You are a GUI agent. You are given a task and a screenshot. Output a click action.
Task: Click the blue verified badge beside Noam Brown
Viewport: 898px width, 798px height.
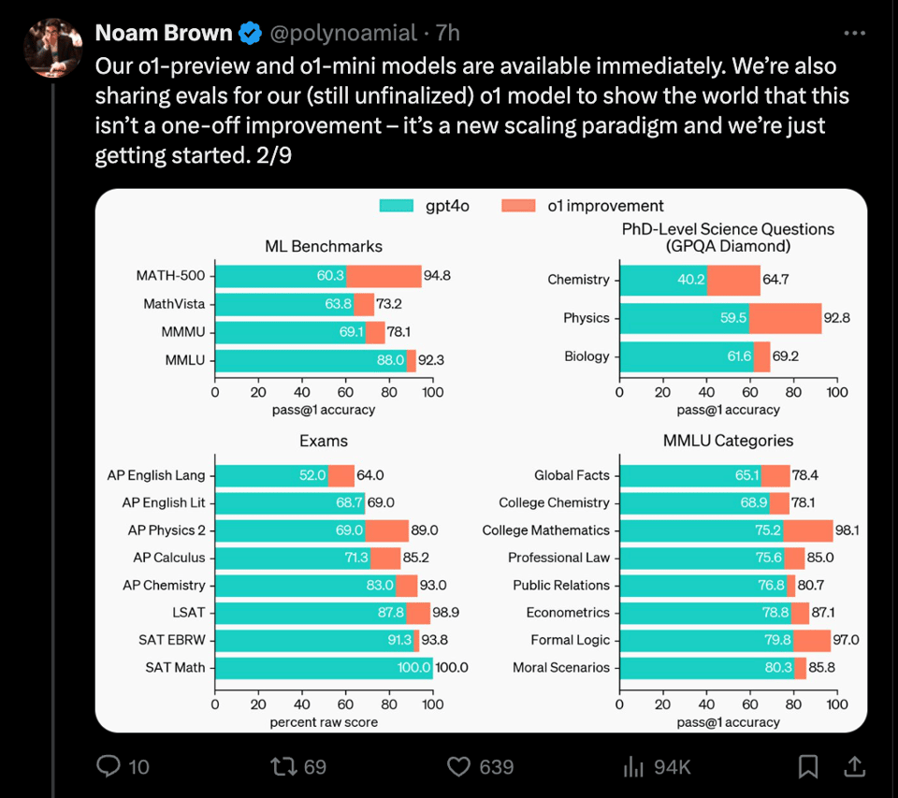pos(250,34)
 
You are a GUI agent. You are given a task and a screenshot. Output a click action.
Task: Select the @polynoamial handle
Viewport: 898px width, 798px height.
pos(343,34)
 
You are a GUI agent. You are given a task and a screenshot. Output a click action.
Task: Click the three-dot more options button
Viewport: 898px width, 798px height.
pos(854,34)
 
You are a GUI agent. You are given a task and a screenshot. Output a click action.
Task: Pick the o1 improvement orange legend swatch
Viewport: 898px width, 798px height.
pos(520,206)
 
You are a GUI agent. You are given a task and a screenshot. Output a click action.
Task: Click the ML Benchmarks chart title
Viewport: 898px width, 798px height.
pos(324,246)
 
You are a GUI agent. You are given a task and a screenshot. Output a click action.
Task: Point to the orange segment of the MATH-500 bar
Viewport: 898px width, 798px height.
pos(384,276)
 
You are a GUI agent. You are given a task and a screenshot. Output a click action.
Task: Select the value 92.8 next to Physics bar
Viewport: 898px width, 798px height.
pos(836,318)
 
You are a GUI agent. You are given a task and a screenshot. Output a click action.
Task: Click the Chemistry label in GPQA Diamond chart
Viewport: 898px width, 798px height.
pos(578,280)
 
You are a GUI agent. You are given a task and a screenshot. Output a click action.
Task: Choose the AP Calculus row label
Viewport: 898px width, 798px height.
pos(168,558)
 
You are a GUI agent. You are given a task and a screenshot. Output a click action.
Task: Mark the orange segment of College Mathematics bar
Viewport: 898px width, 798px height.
pos(808,530)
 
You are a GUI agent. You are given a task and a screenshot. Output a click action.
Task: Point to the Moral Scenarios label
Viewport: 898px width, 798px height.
pos(561,668)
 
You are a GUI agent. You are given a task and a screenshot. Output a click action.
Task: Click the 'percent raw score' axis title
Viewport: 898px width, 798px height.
pos(324,722)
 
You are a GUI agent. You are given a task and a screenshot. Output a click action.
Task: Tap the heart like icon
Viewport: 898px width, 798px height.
pos(458,767)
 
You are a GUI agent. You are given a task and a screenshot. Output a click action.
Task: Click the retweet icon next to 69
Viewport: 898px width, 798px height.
pos(282,767)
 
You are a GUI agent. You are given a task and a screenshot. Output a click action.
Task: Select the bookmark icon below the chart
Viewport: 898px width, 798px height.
pos(808,767)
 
